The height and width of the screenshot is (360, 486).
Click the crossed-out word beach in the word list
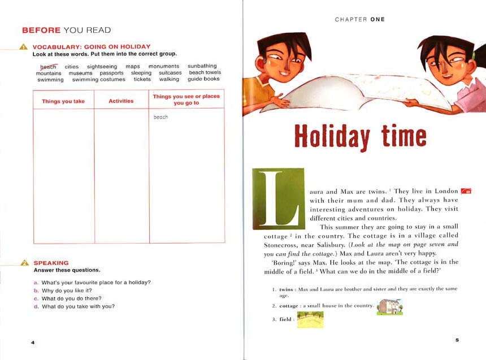tap(49, 67)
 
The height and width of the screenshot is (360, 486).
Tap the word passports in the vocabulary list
tap(111, 73)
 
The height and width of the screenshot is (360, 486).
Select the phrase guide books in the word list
tap(203, 79)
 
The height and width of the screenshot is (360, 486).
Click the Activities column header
tap(121, 101)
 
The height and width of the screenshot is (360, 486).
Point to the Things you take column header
tap(63, 101)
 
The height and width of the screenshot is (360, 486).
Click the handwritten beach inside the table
tap(160, 118)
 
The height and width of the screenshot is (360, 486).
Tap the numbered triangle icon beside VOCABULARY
tap(24, 47)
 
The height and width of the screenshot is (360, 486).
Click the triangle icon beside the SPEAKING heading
tap(24, 263)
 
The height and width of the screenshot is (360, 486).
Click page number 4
tap(33, 342)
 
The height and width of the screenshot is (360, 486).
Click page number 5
tap(457, 339)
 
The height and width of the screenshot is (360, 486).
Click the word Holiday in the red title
tap(332, 136)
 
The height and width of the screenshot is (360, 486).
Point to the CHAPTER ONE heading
tap(359, 19)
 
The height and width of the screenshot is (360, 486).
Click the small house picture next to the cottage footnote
tap(390, 307)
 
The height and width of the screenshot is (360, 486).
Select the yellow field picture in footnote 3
tap(310, 319)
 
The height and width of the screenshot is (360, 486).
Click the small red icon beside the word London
tap(466, 192)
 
